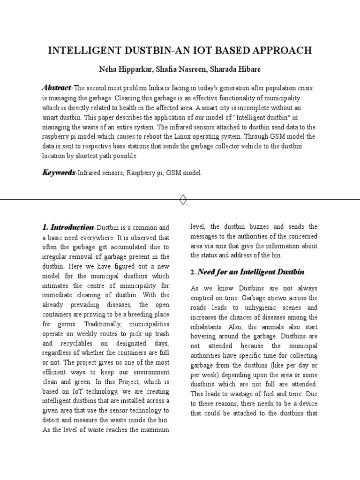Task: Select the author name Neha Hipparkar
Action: [x=125, y=69]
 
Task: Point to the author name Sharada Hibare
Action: [x=235, y=69]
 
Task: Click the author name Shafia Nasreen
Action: [x=180, y=69]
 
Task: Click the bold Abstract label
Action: [x=56, y=88]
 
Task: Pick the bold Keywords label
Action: [x=59, y=173]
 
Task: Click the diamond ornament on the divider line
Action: [x=183, y=199]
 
